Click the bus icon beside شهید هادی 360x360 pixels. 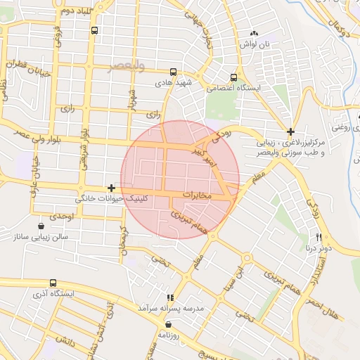pos(173,72)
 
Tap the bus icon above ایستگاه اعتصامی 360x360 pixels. pos(234,77)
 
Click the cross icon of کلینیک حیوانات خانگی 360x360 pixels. pos(111,188)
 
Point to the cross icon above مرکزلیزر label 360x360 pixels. pos(290,131)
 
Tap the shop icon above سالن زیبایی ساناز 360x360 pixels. pos(41,226)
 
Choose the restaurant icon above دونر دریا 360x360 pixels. pos(319,237)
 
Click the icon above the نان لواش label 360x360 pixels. pos(254,33)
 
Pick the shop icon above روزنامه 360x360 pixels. pos(168,324)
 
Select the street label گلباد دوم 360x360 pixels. pos(68,11)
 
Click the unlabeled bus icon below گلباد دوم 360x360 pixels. pos(95,30)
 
